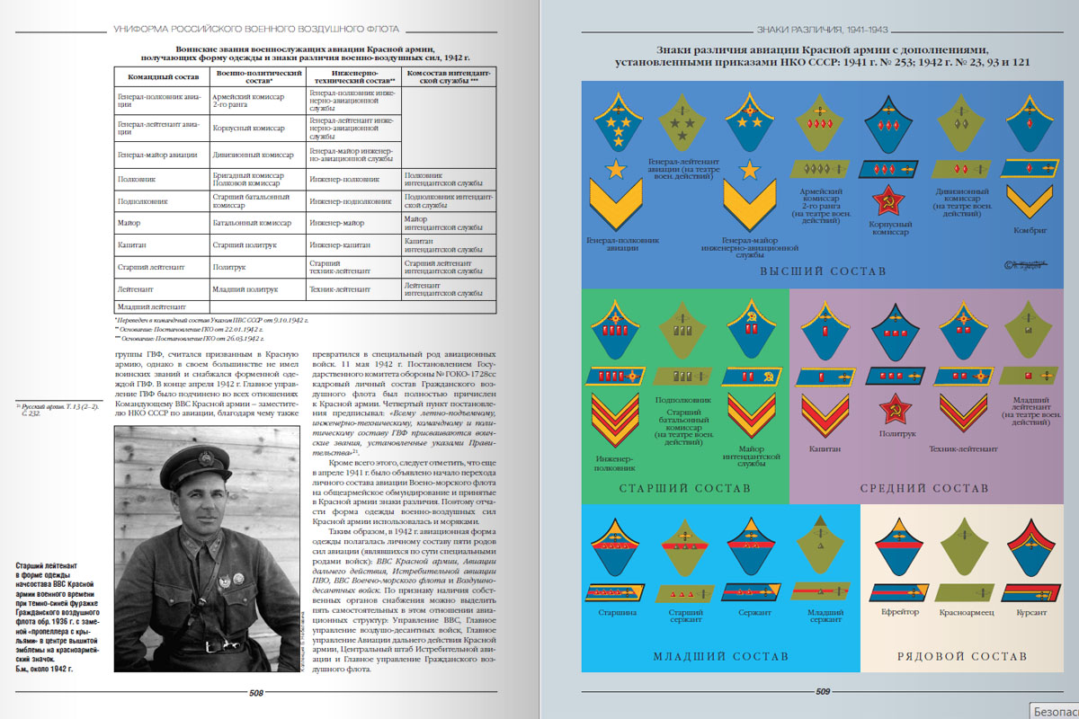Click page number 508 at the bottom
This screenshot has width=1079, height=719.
[255, 693]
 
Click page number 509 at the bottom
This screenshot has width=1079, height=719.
[822, 692]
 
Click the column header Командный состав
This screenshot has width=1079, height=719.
[158, 75]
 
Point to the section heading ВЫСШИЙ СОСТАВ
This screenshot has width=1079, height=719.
[823, 271]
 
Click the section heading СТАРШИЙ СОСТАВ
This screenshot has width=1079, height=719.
[684, 488]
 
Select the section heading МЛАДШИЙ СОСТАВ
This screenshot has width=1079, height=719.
[720, 656]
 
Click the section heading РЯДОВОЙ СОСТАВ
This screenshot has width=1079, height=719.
[961, 656]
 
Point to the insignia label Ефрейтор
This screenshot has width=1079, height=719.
[899, 612]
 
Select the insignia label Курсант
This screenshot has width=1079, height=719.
[1029, 612]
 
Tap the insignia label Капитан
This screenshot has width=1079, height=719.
[825, 447]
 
